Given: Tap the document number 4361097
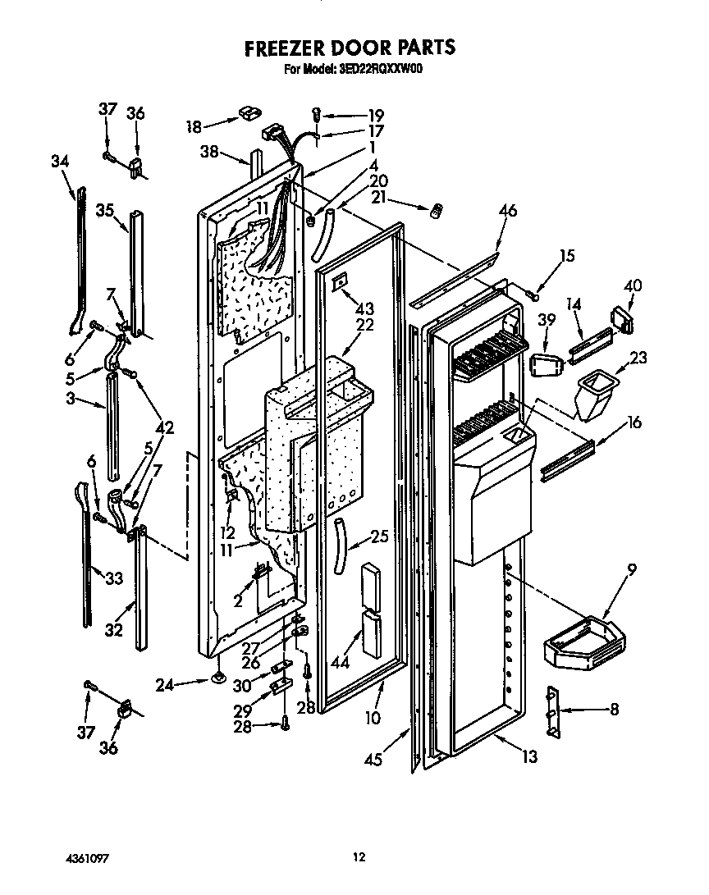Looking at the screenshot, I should [x=88, y=857].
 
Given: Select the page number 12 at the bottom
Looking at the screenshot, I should [x=359, y=857].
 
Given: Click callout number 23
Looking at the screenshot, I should [x=638, y=358].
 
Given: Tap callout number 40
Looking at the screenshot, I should [x=632, y=286].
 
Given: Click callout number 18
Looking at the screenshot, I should [x=194, y=126].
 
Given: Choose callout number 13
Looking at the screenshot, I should [x=529, y=756].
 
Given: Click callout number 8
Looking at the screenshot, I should [x=615, y=710].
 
